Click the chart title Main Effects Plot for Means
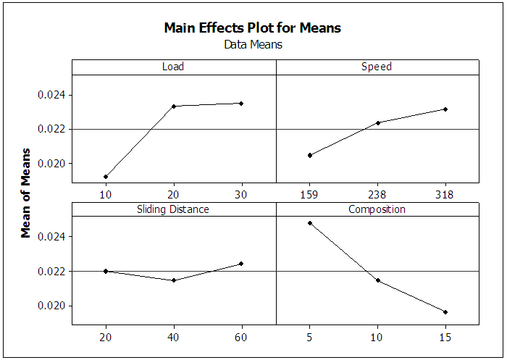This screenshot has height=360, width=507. point(252,28)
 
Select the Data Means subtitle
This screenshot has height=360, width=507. point(253,44)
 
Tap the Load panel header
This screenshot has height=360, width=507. point(173,67)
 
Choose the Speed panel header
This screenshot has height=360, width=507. point(377,67)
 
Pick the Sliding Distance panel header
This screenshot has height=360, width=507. point(173,209)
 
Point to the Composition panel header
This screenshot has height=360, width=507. point(377,209)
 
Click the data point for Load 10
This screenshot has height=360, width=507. point(106,177)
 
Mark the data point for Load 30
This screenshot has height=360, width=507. point(241,104)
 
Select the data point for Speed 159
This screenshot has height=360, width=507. point(310,155)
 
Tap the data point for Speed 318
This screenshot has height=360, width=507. point(445,109)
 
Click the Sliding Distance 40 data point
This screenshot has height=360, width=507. point(174,280)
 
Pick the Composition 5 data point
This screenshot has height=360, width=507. point(310,223)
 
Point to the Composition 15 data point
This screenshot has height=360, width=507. point(445,312)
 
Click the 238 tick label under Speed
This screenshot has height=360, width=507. point(377,193)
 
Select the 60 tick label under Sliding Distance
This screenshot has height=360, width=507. point(241,337)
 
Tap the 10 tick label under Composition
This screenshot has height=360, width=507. point(377,337)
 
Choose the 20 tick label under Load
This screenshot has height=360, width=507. point(174,193)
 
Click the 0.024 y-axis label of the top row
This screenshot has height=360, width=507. point(51,95)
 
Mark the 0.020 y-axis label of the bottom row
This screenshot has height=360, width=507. point(51,306)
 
